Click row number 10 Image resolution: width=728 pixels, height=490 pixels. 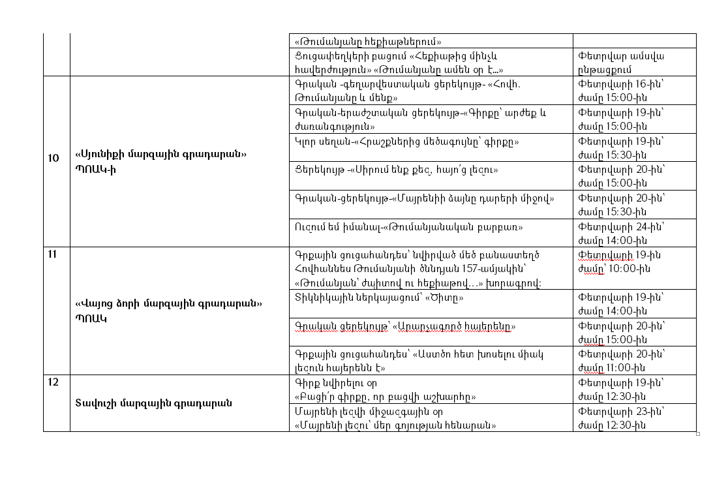click(53, 158)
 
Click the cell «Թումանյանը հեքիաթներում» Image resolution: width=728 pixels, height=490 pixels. click(368, 40)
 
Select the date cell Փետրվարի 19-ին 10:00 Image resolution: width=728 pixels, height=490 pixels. click(614, 262)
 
